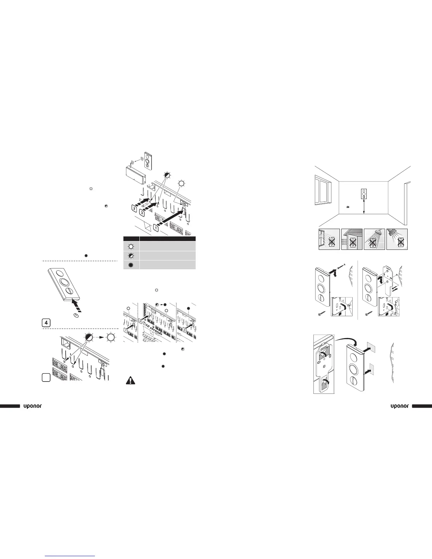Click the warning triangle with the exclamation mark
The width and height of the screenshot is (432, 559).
click(x=131, y=381)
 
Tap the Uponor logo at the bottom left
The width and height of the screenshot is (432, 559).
click(x=32, y=406)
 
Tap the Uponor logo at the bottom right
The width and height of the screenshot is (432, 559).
click(x=400, y=406)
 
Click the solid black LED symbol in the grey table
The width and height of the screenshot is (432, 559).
click(x=131, y=265)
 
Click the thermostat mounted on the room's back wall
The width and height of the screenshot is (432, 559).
click(x=363, y=194)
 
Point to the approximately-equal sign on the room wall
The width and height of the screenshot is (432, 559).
click(x=348, y=207)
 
